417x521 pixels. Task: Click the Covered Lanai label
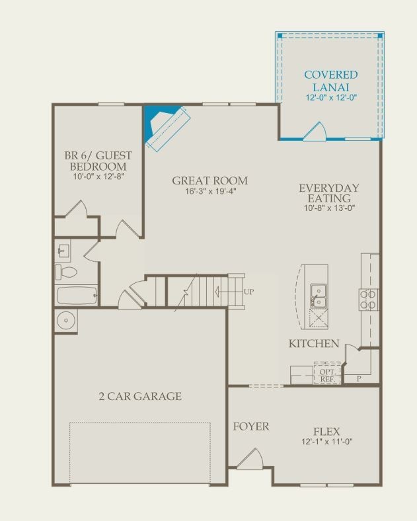point(331,81)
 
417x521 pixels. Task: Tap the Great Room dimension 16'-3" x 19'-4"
point(211,191)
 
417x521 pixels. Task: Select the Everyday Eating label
point(329,193)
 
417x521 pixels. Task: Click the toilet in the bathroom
point(65,272)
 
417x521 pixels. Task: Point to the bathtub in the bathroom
point(77,296)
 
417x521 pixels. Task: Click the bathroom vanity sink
point(63,250)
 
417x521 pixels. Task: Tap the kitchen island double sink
point(318,296)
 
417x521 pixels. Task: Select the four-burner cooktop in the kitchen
point(368,300)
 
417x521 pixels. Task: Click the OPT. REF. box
point(327,373)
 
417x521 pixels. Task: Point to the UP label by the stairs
point(249,292)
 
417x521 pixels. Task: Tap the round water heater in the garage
point(65,321)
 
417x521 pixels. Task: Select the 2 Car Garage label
point(141,396)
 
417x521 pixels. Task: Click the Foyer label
point(251,426)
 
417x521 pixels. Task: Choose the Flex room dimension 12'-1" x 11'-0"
point(327,442)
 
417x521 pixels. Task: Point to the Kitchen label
point(314,343)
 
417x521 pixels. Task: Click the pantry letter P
point(359,378)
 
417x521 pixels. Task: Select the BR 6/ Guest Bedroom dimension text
point(98,177)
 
